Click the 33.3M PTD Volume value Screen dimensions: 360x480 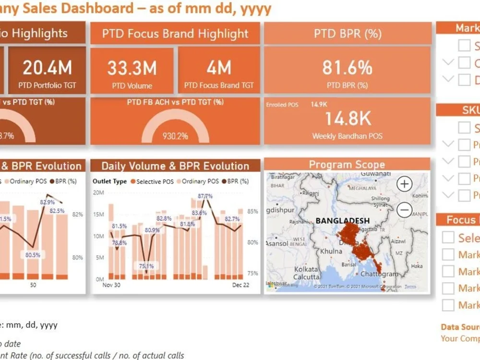coord(132,68)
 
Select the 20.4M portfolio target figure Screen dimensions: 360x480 coord(47,68)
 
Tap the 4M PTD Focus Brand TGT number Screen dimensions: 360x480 coord(219,68)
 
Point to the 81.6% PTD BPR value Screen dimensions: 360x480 coord(347,68)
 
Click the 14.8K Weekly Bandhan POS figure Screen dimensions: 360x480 coord(347,119)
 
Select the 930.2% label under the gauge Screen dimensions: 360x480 coord(175,136)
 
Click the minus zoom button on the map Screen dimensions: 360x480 coord(405,209)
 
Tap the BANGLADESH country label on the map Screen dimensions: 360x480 coord(343,221)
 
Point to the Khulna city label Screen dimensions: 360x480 coord(331,251)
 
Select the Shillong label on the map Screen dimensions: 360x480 coord(381,198)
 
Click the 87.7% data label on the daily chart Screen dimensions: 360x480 coord(205,196)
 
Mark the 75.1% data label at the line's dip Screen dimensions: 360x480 coord(146,266)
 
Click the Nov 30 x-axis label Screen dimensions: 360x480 coord(111,285)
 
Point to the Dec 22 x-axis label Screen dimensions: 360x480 coord(241,285)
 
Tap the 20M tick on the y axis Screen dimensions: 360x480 coord(98,192)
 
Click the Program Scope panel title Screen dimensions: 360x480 coord(347,165)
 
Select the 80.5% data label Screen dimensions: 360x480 coord(33,255)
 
